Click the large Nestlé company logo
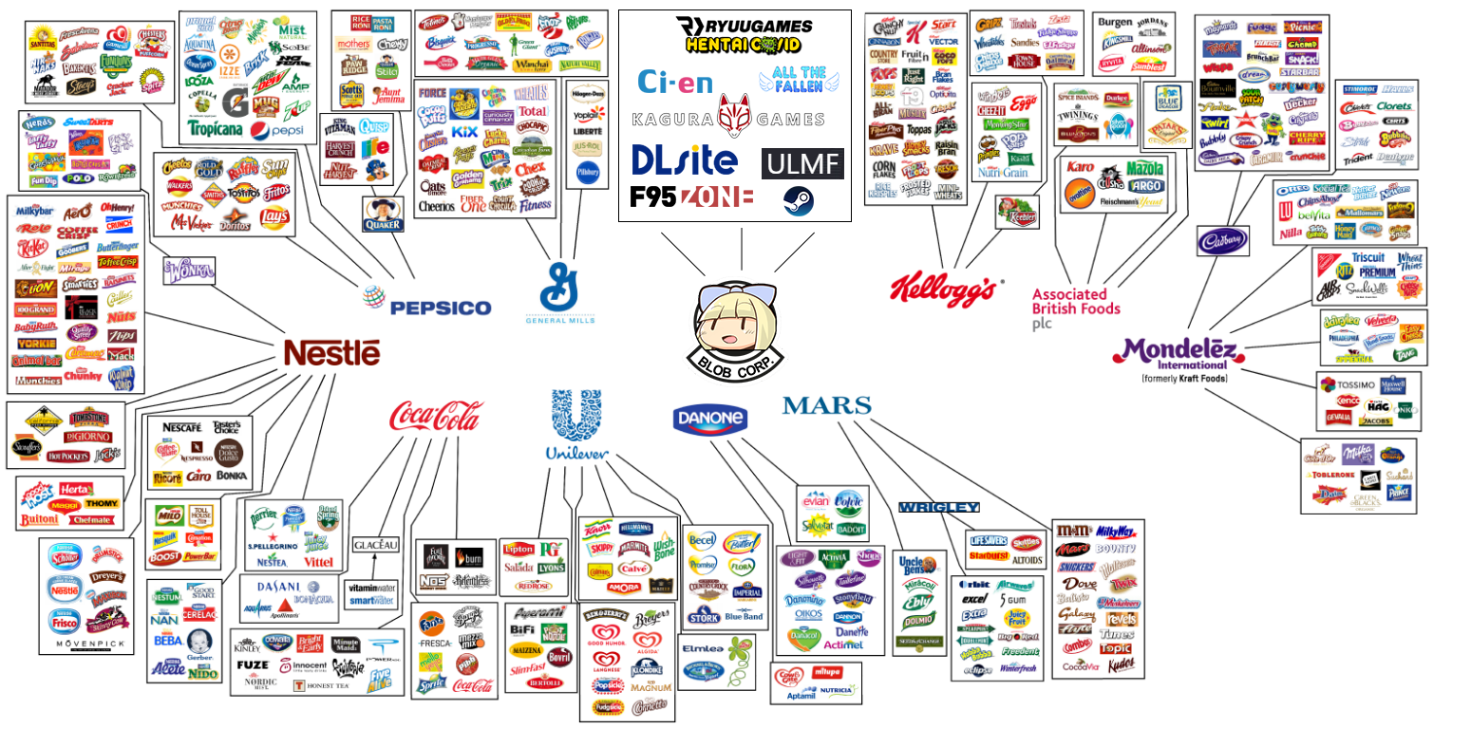point(331,354)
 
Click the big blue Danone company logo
point(709,419)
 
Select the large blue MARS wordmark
point(826,406)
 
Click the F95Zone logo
point(691,197)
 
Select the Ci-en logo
point(674,82)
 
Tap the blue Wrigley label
point(938,507)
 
